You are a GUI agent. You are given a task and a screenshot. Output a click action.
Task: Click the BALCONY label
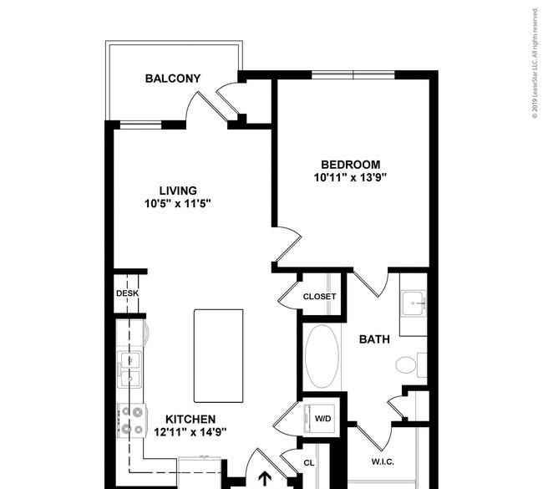tap(173, 79)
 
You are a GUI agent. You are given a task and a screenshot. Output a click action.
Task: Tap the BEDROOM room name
tap(351, 165)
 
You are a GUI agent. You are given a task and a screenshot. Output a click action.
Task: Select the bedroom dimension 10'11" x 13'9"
tap(350, 177)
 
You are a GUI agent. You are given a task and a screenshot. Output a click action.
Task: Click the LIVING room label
tap(178, 191)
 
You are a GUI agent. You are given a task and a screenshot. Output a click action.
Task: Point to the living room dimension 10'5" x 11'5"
tap(178, 203)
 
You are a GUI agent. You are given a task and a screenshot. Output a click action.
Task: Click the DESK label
tap(128, 293)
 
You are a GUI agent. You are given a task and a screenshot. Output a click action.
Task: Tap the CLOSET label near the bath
tap(319, 297)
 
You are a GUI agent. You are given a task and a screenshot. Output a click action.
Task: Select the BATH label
tap(374, 339)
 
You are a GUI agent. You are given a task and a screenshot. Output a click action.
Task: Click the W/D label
tap(322, 419)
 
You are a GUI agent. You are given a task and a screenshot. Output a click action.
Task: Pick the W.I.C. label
tap(383, 462)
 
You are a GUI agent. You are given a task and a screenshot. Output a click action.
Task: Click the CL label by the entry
tap(309, 463)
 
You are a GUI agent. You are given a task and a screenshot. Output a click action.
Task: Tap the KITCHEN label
tap(190, 420)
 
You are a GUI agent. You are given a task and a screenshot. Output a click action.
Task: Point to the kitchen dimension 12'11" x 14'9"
tap(190, 432)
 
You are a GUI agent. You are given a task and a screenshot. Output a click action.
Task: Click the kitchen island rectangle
tap(219, 356)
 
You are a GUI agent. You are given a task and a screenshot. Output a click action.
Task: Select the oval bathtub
tap(322, 356)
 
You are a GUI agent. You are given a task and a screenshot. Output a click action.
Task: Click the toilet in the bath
tap(411, 365)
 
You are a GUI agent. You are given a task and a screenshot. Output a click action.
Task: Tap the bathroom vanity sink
tap(414, 303)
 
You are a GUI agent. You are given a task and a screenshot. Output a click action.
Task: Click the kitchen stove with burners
tap(132, 420)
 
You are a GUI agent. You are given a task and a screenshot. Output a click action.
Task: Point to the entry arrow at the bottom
tap(266, 479)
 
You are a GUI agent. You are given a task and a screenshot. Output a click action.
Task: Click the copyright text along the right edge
tap(535, 63)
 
